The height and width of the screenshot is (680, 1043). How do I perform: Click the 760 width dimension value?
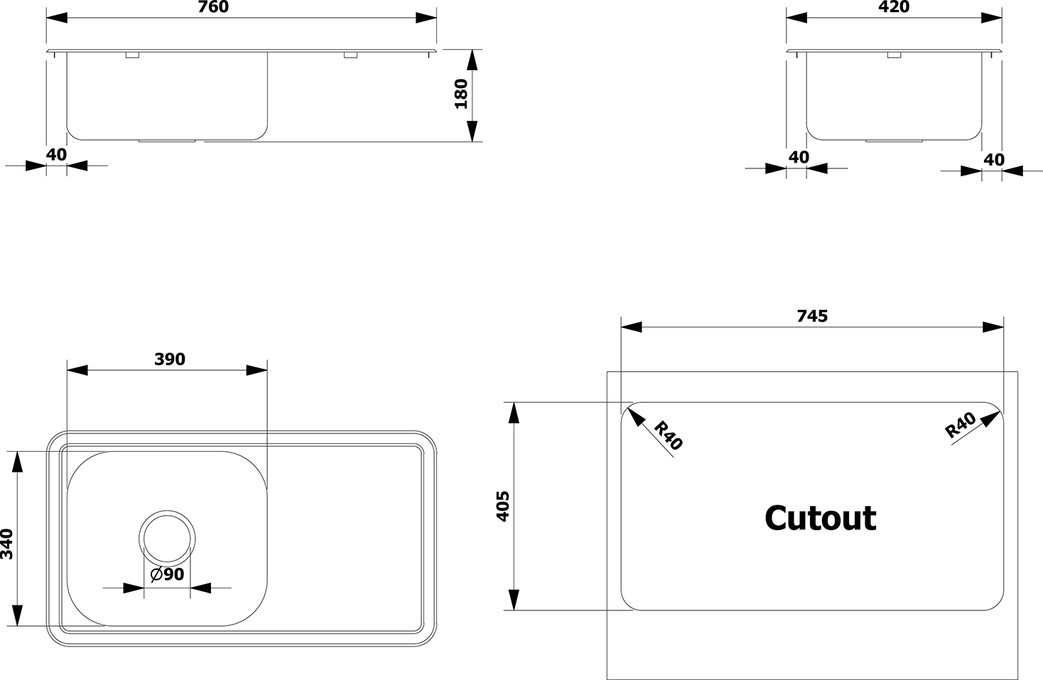click(213, 7)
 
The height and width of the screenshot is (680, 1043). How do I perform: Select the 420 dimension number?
click(894, 7)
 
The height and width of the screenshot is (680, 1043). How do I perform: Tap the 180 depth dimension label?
click(461, 94)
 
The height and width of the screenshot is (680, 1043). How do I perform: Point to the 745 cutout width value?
click(812, 316)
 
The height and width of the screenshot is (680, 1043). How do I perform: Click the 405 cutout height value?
click(503, 507)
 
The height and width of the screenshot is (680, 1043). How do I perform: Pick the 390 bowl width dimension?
click(170, 359)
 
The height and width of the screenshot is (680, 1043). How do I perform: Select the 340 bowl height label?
click(7, 544)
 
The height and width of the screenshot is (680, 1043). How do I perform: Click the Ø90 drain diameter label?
click(168, 574)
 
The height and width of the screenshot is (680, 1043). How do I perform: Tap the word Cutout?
click(821, 518)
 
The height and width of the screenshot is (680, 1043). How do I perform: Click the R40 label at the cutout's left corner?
click(668, 436)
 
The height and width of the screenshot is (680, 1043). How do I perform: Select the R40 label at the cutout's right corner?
click(961, 425)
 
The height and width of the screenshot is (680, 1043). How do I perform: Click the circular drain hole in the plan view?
click(167, 539)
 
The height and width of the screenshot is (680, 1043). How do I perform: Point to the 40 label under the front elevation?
click(56, 154)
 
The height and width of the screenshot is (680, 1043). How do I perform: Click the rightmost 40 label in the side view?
click(994, 160)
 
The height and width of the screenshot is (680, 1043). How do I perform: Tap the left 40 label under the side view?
click(799, 157)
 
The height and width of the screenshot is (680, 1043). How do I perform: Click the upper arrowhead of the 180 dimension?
click(472, 60)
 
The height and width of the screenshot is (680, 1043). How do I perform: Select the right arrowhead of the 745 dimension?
click(993, 327)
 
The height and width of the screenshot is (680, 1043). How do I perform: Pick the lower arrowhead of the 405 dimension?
click(514, 600)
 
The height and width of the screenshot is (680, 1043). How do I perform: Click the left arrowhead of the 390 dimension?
click(77, 370)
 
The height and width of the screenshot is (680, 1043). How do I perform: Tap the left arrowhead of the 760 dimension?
click(57, 18)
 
